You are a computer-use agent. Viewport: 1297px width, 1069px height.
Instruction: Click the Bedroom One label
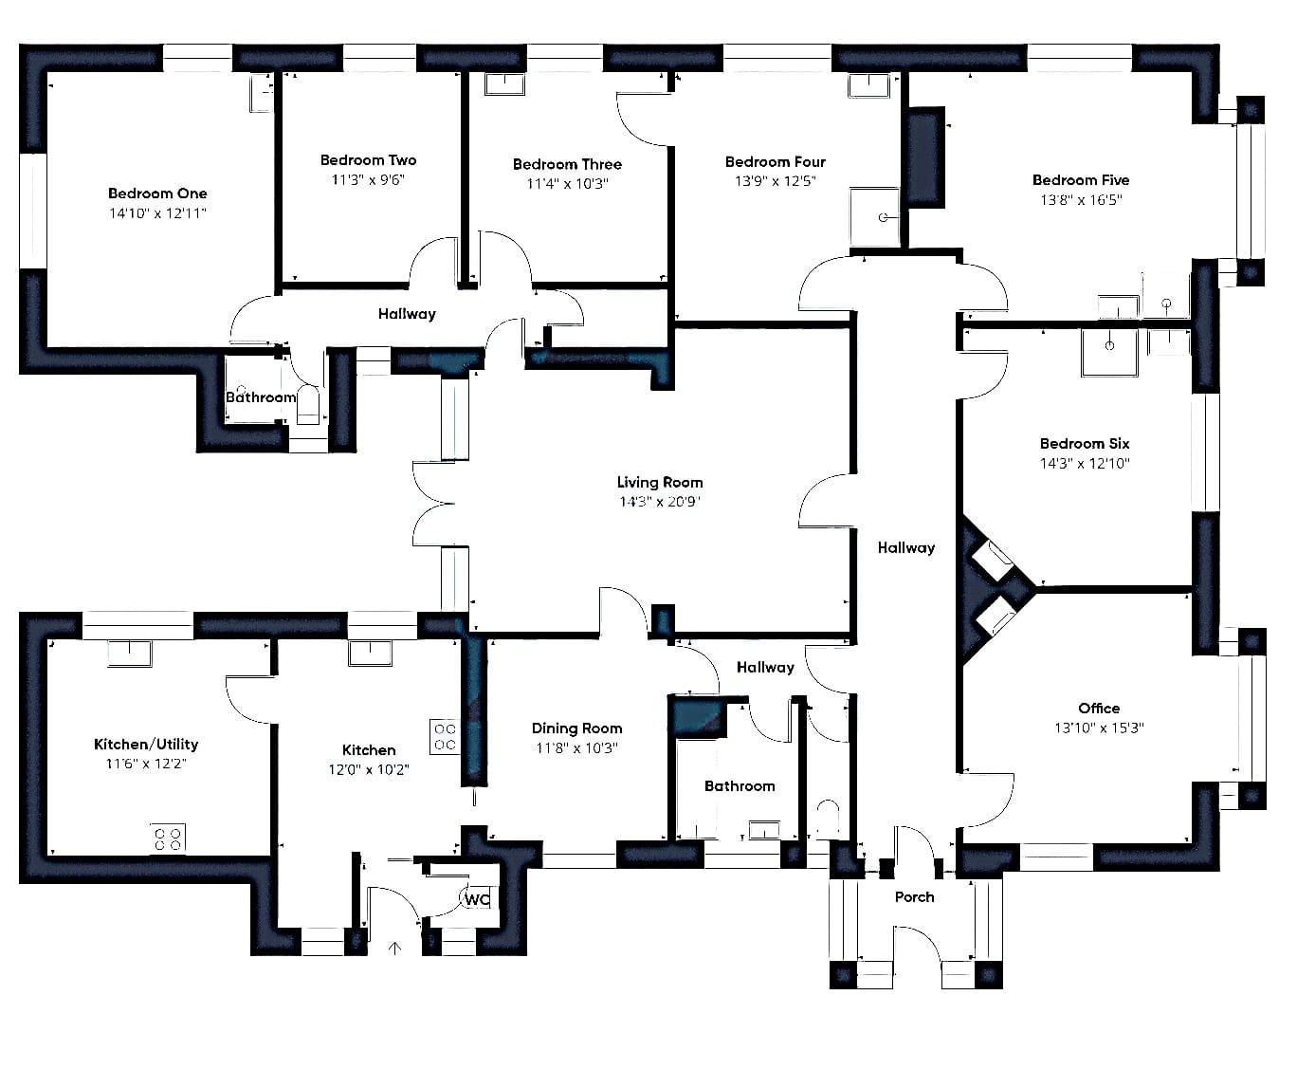pos(157,194)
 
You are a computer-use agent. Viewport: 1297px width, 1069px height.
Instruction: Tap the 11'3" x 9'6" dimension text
pos(368,179)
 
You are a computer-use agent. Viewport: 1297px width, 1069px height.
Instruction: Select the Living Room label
pos(660,482)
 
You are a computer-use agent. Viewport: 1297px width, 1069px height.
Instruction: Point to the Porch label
pos(914,897)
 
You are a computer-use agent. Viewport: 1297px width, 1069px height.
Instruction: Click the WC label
pos(477,899)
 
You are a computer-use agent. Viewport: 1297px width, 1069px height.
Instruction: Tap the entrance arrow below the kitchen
pos(394,948)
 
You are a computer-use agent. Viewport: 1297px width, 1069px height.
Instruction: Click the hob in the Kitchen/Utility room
pos(168,839)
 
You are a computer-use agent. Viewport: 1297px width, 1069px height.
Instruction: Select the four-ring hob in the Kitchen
pos(445,736)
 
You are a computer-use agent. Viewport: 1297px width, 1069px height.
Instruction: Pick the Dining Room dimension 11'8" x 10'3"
pos(576,747)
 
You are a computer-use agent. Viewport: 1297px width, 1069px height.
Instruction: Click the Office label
pos(1099,708)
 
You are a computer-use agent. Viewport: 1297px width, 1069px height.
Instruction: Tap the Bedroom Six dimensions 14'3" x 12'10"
pos(1085,463)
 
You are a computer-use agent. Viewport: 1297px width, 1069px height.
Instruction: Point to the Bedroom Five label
pos(1081,180)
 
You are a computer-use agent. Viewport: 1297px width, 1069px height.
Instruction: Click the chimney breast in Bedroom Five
pos(925,157)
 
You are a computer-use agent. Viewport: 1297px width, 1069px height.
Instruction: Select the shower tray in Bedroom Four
pos(874,217)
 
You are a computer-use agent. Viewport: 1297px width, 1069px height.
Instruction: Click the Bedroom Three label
pos(567,165)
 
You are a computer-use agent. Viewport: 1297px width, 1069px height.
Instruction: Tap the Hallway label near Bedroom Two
pos(407,314)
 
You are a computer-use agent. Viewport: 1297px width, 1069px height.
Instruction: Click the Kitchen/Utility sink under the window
pos(129,654)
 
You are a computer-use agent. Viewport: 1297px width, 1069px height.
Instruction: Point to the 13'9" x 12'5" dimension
pos(776,181)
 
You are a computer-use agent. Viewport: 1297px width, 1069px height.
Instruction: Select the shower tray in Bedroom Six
pos(1109,353)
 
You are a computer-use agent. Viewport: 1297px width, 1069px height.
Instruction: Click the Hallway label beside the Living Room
pos(906,547)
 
